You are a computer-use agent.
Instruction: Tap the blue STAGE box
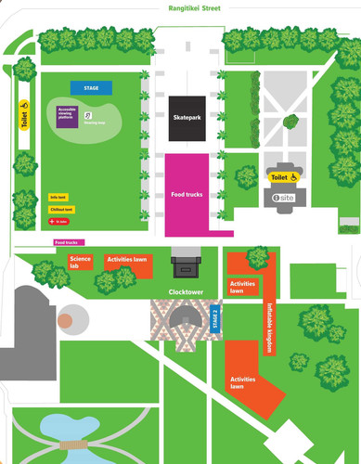(x=91, y=88)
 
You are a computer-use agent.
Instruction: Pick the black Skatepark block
(x=187, y=118)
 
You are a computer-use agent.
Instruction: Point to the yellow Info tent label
(x=58, y=198)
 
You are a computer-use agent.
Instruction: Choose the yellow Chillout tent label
(x=60, y=210)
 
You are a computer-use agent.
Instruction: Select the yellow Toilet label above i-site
(x=282, y=175)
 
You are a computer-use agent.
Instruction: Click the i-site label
(x=283, y=199)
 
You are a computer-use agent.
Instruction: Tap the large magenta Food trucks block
(x=187, y=194)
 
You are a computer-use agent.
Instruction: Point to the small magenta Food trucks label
(x=67, y=243)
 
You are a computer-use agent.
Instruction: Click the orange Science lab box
(x=81, y=263)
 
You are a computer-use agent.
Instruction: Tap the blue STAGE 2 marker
(x=216, y=317)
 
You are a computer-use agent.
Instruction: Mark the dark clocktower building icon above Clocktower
(x=186, y=267)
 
